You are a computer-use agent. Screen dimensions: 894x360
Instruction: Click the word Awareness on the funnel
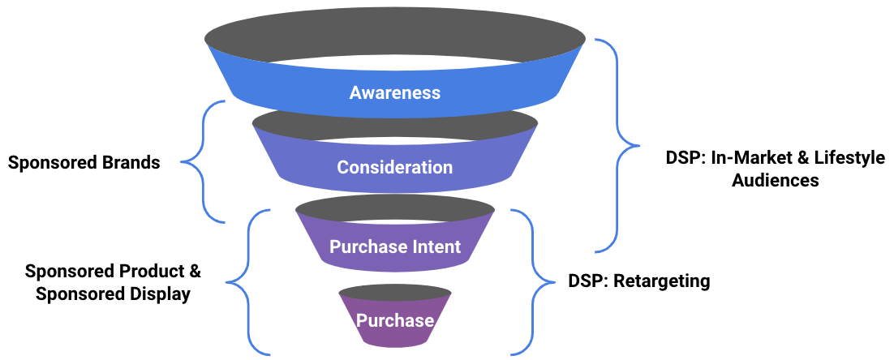(x=394, y=92)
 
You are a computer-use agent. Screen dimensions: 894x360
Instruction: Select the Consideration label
(x=394, y=168)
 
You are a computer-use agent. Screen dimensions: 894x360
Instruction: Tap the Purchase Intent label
(x=394, y=246)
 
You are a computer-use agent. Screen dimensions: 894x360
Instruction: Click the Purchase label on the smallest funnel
(x=394, y=321)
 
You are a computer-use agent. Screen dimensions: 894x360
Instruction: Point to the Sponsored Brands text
(x=84, y=163)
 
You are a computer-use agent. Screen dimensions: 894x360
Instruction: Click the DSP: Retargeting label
(x=639, y=281)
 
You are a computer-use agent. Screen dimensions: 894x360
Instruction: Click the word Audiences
(x=776, y=181)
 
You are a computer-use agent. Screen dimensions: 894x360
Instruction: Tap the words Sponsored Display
(x=113, y=295)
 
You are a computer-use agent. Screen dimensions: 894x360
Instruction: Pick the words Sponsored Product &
(x=113, y=271)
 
